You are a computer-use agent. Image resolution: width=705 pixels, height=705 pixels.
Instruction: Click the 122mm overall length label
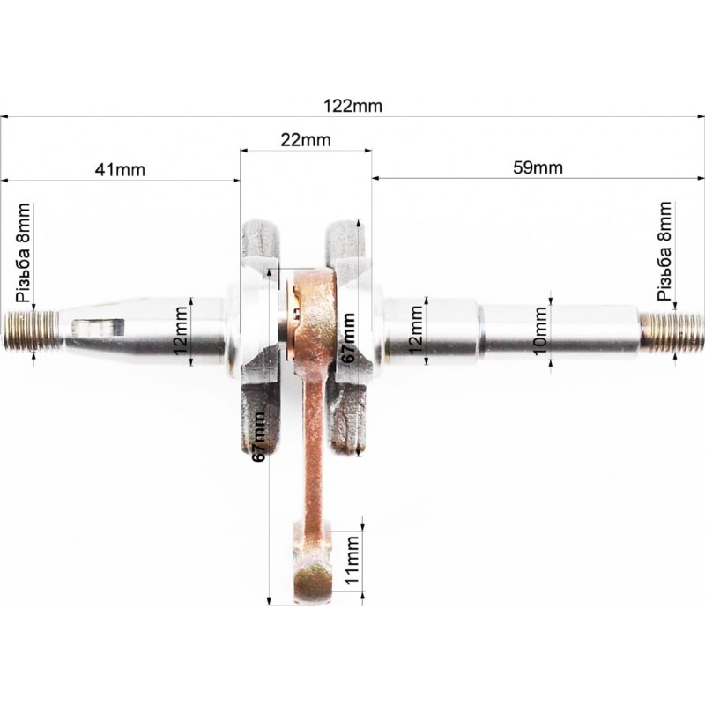point(353,106)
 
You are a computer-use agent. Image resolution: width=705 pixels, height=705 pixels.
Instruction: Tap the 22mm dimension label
point(306,140)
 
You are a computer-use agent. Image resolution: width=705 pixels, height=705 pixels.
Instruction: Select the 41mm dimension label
point(120,170)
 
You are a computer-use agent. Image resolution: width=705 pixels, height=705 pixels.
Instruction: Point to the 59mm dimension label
point(538,167)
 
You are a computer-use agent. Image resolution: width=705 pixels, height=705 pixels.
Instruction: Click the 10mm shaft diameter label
point(540,331)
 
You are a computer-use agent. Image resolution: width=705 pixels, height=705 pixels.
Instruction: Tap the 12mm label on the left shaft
point(181,331)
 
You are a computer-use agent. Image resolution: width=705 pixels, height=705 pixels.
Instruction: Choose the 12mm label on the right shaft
point(415,330)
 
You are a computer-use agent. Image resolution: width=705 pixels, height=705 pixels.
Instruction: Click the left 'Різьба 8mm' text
point(23,253)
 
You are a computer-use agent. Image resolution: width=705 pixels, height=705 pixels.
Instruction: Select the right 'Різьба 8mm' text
point(664,251)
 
